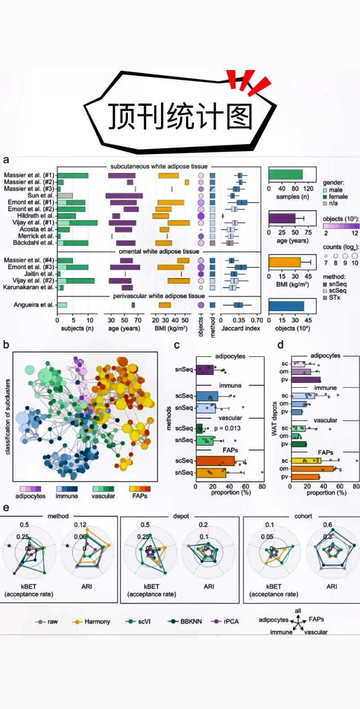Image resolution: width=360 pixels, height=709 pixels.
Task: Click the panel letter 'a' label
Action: pos(6,160)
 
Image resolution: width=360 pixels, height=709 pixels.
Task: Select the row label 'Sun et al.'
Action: pos(40,196)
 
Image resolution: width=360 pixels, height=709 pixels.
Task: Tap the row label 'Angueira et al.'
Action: pos(34,305)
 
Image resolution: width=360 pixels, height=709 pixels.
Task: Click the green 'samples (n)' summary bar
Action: pos(286,175)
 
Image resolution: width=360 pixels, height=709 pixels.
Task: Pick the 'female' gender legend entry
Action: pos(338,197)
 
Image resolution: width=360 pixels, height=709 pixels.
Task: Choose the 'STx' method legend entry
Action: pos(334,297)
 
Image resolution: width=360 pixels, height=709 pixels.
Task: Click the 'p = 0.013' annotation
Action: pos(227,428)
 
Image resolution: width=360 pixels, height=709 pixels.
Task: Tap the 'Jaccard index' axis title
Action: pos(241,328)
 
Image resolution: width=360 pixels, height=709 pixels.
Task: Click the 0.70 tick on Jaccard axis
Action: pos(256,320)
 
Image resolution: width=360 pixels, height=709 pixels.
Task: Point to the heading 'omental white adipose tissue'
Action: pos(158,251)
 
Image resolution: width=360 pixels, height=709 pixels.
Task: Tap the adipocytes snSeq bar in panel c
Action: pos(205,370)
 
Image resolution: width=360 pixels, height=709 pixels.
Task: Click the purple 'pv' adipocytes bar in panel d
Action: pos(306,380)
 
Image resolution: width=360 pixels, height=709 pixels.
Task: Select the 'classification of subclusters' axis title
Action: pos(7,417)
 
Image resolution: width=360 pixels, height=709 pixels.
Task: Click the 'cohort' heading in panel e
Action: pos(303,516)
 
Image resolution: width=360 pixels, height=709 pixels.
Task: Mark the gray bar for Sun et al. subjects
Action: pos(65,196)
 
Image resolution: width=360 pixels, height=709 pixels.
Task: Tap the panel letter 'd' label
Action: pos(280,345)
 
